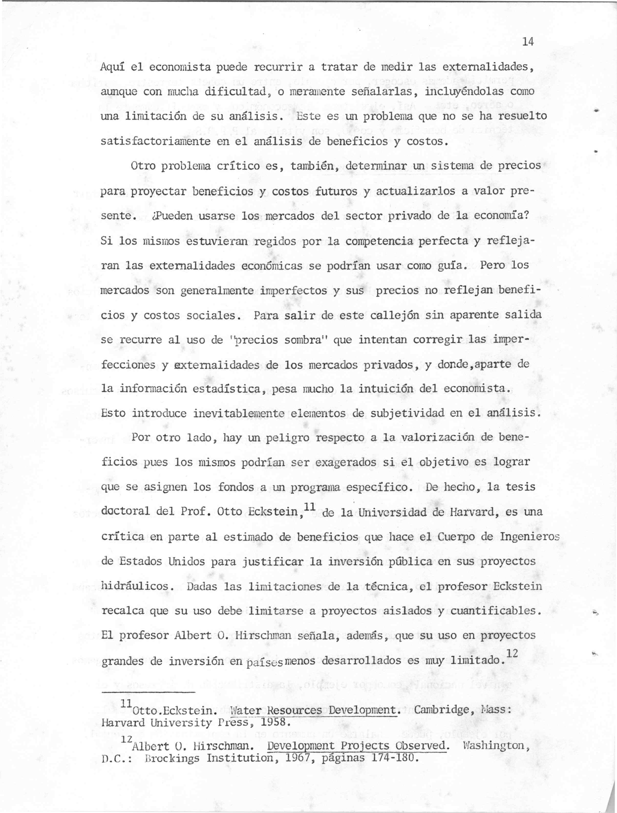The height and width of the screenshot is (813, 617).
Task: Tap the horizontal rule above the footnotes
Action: point(148,693)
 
